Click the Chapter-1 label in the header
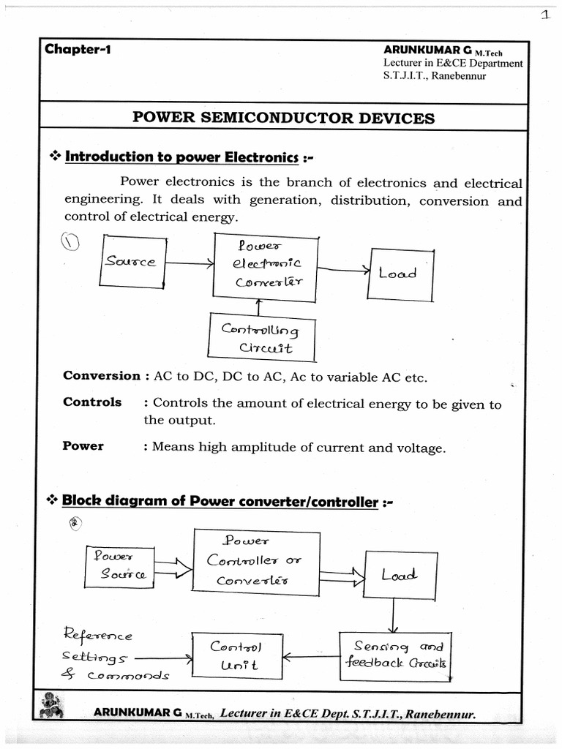(x=78, y=50)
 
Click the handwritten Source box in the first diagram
(x=132, y=262)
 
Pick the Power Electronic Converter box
(x=265, y=267)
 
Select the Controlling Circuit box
(x=262, y=337)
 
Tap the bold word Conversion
(x=101, y=376)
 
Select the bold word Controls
(x=92, y=402)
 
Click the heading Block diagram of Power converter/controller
(x=220, y=502)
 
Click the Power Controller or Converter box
(x=256, y=561)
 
